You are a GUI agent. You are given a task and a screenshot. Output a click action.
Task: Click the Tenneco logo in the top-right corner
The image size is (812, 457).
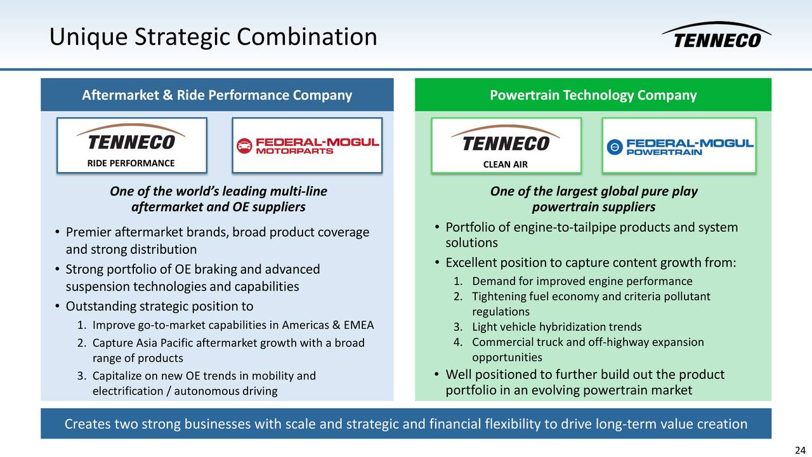click(716, 36)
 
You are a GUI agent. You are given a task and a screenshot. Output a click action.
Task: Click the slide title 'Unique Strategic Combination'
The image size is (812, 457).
click(213, 37)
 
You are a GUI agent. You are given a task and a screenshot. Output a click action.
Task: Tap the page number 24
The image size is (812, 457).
click(799, 450)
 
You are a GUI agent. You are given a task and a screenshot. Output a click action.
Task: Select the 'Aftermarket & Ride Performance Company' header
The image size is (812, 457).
click(217, 95)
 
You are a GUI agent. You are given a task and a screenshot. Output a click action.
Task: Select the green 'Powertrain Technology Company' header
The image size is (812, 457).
click(593, 95)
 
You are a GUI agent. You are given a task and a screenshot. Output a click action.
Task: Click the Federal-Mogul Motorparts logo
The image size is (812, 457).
click(307, 145)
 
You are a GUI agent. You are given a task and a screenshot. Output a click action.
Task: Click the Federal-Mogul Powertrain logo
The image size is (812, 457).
click(679, 146)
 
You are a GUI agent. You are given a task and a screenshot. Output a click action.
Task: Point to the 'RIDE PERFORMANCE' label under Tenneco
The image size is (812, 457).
click(131, 163)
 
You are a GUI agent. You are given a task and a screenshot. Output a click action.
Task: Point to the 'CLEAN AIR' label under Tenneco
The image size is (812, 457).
click(505, 164)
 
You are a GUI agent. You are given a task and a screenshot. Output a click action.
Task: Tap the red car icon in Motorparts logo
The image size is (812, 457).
click(244, 146)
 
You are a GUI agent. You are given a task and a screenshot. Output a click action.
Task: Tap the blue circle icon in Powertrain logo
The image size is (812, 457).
click(614, 147)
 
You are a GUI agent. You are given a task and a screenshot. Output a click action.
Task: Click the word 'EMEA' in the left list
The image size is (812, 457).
click(358, 326)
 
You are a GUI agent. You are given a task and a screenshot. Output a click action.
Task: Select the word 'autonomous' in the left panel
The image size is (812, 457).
click(206, 391)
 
